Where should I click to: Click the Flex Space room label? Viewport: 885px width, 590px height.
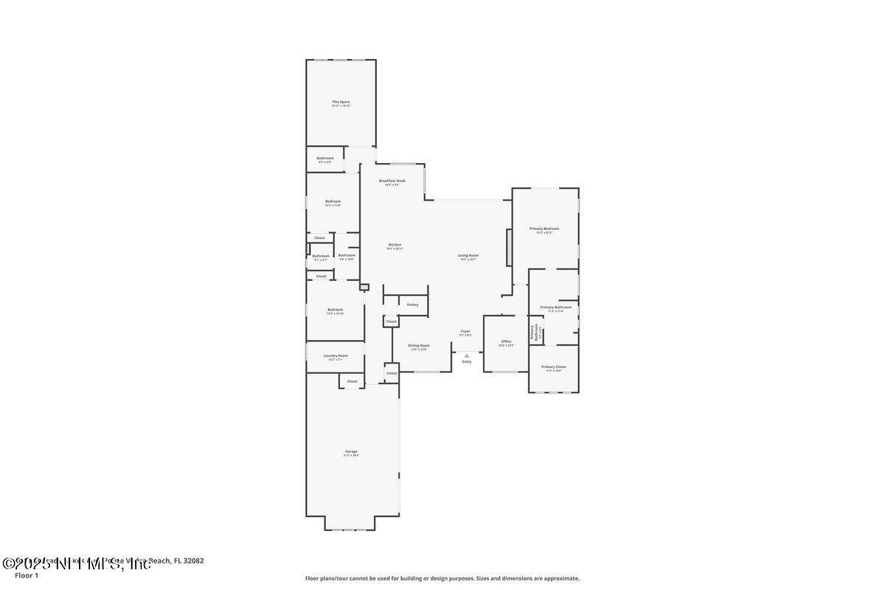click(341, 102)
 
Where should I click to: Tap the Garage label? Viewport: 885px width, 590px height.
click(351, 451)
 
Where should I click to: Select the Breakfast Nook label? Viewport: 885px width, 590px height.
click(392, 181)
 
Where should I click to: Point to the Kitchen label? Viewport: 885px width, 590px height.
click(395, 245)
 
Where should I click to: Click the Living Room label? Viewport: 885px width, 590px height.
click(468, 255)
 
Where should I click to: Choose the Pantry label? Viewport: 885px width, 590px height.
click(412, 305)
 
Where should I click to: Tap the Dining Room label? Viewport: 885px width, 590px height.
click(419, 345)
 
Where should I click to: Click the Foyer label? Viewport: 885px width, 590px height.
click(465, 332)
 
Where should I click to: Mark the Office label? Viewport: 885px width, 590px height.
click(506, 341)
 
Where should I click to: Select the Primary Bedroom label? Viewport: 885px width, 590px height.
click(544, 229)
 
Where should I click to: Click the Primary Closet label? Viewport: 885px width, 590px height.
click(553, 367)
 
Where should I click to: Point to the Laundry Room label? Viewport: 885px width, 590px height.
click(335, 355)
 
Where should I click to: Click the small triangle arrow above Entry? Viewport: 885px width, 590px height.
click(466, 355)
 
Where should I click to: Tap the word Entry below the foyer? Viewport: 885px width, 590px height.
click(466, 361)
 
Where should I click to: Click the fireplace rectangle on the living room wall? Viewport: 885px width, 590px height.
click(508, 247)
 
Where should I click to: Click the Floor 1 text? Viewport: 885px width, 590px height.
click(27, 575)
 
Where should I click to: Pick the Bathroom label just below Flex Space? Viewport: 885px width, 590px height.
click(325, 158)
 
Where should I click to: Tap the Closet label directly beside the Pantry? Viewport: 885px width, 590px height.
click(391, 322)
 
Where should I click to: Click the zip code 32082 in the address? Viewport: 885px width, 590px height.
click(195, 560)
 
